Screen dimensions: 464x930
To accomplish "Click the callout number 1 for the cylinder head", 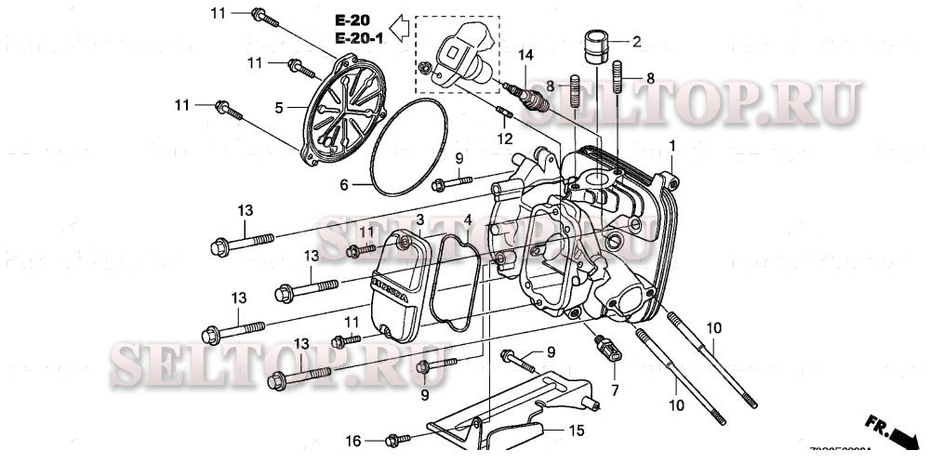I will point(672,147).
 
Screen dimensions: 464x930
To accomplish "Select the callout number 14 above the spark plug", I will point(526,57).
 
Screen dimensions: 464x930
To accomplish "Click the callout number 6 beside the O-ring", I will point(343,185).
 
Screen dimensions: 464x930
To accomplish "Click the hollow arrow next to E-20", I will point(399,28).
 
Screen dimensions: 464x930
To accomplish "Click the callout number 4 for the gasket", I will point(468,220).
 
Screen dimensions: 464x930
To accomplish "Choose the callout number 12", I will point(504,139).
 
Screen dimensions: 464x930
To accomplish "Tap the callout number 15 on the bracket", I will point(576,431).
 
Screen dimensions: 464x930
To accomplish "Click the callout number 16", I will point(353,440).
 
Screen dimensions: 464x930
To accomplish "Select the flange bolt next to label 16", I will point(393,439).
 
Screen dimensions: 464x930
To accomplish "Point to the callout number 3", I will point(419,219).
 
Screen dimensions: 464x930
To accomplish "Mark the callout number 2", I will point(637,42).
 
